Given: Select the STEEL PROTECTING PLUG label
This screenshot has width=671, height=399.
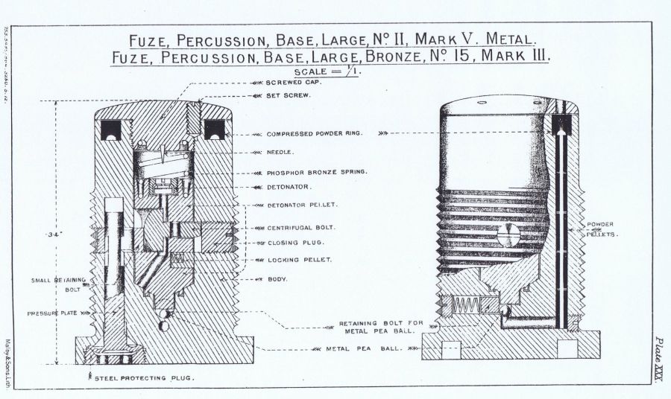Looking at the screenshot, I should [143, 379].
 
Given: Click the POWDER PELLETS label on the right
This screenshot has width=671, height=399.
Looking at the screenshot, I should [601, 229].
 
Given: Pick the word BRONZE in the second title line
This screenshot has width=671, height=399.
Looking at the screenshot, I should [367, 56].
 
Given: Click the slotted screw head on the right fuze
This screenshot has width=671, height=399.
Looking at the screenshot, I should [505, 237].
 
